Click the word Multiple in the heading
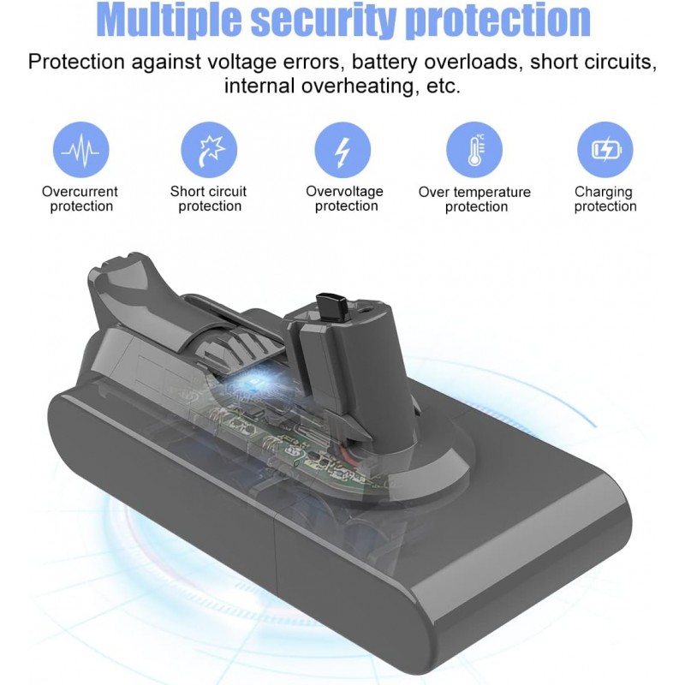[x=170, y=21]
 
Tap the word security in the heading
[x=325, y=21]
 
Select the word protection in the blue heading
[x=498, y=21]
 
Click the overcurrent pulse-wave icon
[x=80, y=150]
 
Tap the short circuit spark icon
[x=209, y=150]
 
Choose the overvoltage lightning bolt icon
[x=342, y=150]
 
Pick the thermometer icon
[x=474, y=150]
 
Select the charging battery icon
[x=605, y=150]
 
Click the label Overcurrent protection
[x=80, y=199]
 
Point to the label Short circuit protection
[x=209, y=199]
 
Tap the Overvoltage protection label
[x=345, y=199]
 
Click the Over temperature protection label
[x=475, y=200]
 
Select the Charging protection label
[x=605, y=200]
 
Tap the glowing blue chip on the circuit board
[x=253, y=384]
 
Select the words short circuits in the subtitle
[x=593, y=62]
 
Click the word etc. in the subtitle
[x=444, y=86]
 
